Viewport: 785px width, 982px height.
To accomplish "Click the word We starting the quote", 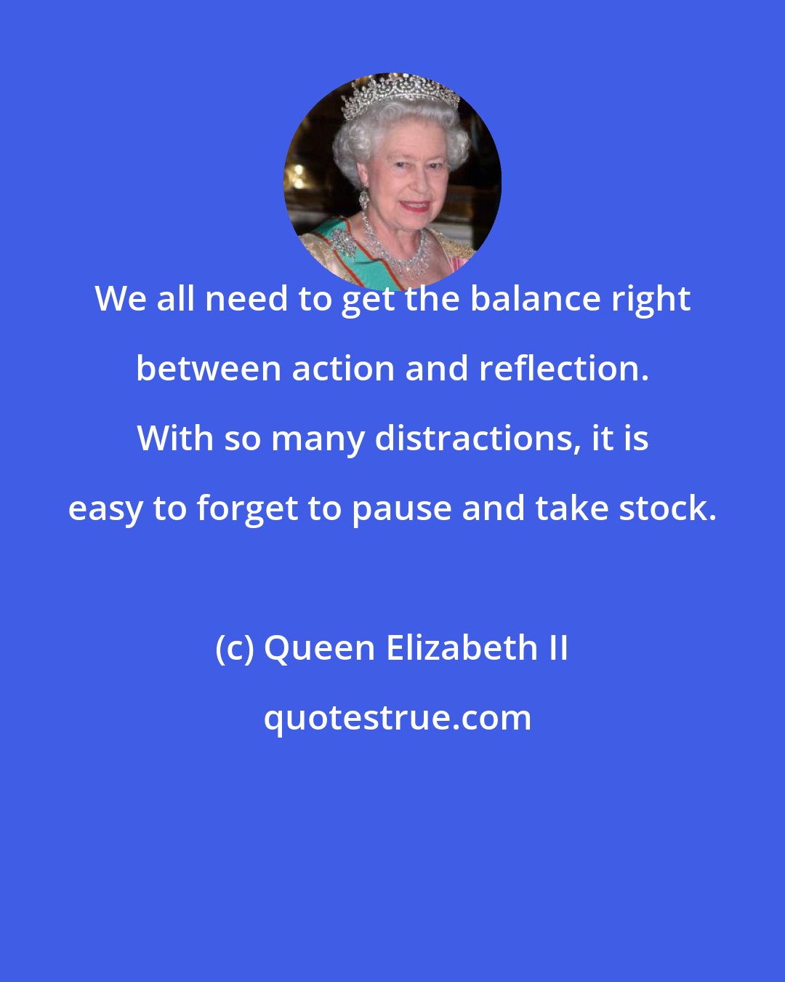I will click(120, 299).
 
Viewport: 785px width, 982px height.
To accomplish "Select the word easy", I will click(105, 508).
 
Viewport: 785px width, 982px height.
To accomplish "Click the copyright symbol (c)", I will click(234, 648).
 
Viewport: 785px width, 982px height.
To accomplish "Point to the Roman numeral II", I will click(558, 648).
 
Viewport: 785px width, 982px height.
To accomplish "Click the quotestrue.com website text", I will click(397, 718).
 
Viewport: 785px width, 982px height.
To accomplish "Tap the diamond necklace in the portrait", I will click(396, 251).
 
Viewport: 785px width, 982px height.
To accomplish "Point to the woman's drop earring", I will click(363, 198).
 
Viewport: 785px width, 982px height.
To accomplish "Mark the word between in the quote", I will click(208, 369).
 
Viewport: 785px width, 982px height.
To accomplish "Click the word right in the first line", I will click(653, 299).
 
